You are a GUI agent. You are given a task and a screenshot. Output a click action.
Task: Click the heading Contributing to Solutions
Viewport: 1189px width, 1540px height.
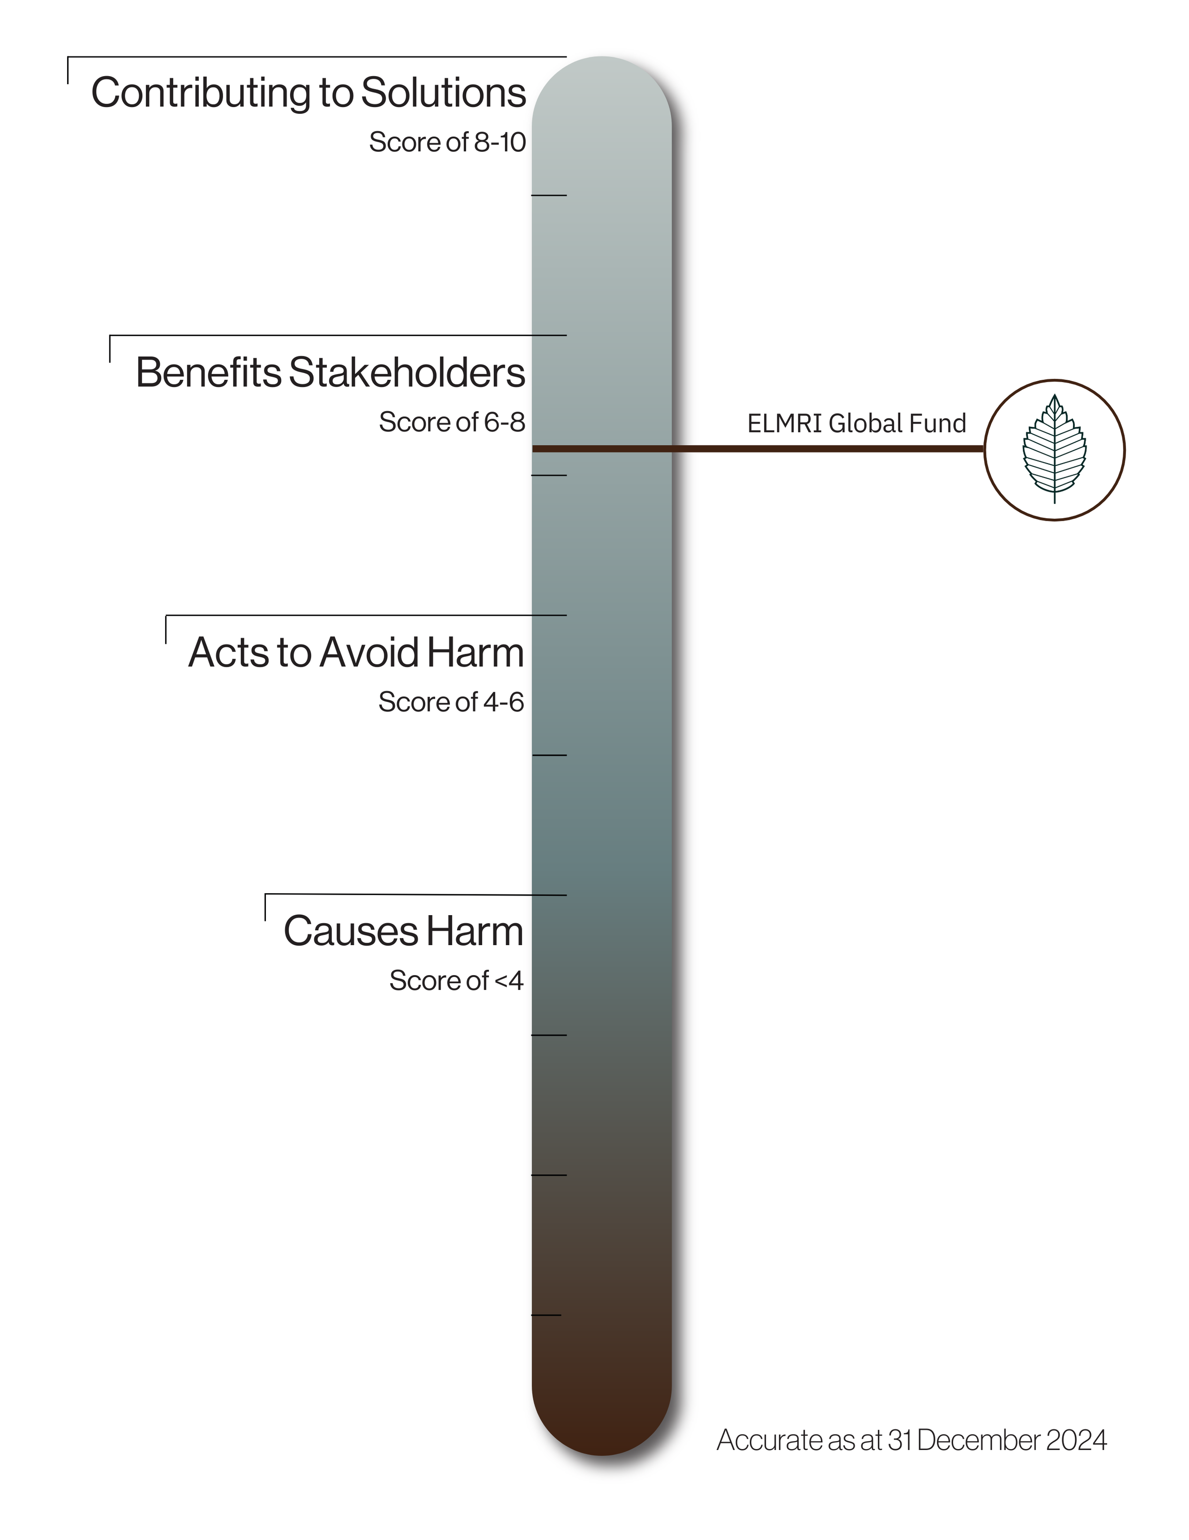point(308,93)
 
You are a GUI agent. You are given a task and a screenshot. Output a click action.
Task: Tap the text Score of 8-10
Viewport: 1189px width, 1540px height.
point(447,142)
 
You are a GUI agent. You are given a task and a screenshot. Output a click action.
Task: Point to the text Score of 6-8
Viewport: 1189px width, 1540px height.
point(452,423)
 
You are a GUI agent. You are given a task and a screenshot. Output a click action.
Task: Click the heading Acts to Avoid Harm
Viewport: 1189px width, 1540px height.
point(356,652)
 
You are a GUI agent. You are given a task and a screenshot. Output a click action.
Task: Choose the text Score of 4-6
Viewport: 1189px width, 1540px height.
point(451,702)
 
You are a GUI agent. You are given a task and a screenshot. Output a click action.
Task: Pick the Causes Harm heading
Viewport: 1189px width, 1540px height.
point(403,931)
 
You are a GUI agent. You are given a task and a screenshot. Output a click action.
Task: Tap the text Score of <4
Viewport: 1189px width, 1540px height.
point(456,981)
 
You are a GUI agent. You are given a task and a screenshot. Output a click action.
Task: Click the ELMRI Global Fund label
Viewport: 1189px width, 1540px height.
point(857,424)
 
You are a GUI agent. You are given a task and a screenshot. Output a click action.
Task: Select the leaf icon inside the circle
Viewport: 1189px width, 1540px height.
point(1054,449)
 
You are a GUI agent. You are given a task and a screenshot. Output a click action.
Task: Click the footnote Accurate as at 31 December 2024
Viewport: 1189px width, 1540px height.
point(911,1441)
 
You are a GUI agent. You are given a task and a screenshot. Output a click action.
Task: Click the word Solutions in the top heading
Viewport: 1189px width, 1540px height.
point(443,93)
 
